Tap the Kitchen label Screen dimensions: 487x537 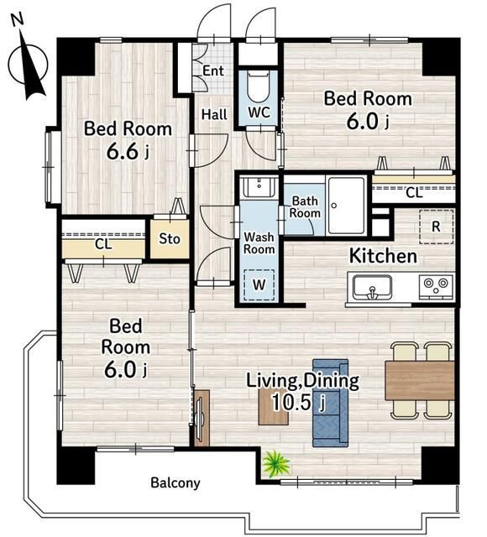[x=383, y=256]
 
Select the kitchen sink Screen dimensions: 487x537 [x=372, y=287]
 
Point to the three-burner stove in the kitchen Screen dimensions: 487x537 [x=436, y=286]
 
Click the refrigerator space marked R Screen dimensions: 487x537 [x=437, y=227]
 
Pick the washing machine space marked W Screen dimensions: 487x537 [x=259, y=285]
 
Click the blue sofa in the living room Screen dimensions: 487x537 [x=330, y=403]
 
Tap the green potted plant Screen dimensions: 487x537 [x=275, y=464]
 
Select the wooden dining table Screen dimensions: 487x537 [x=420, y=380]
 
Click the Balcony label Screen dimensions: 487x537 [x=175, y=483]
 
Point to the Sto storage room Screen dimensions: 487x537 [x=170, y=238]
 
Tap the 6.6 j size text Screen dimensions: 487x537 [x=128, y=152]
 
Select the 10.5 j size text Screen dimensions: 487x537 [x=297, y=402]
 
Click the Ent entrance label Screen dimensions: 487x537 [x=213, y=70]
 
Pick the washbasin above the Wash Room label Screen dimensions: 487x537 [x=259, y=187]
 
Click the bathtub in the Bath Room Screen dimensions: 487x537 [x=346, y=206]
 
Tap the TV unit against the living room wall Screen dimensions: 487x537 [x=202, y=418]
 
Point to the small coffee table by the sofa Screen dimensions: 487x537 [x=273, y=407]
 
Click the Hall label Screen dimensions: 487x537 [x=214, y=114]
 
